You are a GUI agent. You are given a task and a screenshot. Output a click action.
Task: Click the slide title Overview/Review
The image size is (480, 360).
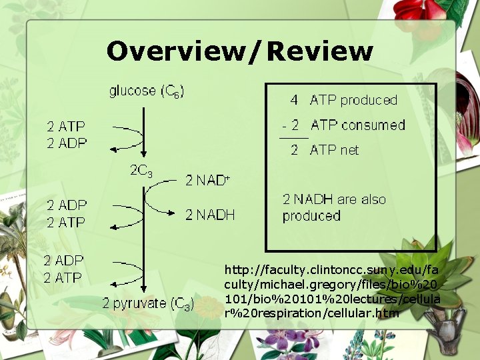[239, 51]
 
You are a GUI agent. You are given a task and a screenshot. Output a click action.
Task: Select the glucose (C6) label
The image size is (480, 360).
[147, 91]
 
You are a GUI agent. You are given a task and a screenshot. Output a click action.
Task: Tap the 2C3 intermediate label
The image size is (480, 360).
[141, 171]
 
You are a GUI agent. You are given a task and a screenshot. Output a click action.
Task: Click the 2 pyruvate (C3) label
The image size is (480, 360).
[148, 304]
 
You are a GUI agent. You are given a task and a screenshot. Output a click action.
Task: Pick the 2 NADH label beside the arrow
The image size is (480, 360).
[210, 215]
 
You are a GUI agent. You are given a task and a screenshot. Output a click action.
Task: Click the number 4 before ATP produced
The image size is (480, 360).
[294, 101]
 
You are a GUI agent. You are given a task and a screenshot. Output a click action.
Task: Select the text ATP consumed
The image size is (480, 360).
[357, 125]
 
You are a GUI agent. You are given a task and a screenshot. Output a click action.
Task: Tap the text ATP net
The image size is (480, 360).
[334, 150]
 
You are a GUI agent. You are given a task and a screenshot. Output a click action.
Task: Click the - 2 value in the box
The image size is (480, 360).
[291, 125]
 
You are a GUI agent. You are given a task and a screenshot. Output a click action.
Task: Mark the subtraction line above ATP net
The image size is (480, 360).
[293, 137]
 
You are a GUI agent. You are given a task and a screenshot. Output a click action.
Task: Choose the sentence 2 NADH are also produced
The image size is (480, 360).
[333, 207]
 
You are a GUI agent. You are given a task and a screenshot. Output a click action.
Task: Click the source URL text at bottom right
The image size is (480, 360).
[332, 291]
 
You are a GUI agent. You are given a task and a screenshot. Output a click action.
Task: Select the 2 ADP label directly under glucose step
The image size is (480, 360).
[66, 143]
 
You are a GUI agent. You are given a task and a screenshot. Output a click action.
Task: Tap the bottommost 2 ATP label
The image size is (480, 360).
[63, 277]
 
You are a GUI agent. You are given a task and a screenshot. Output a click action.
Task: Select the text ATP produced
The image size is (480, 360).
[353, 101]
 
